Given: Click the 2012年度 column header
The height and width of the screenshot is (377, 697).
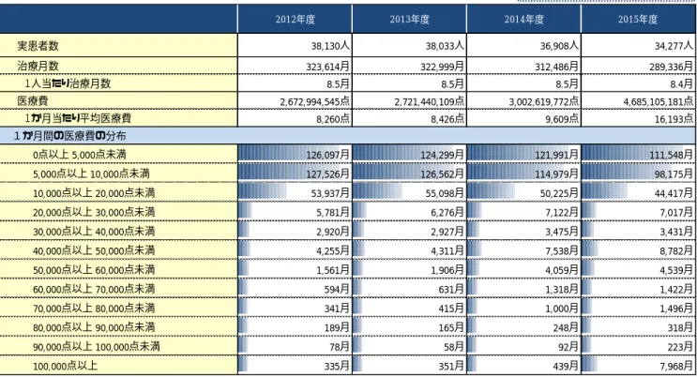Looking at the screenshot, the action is tap(295, 19).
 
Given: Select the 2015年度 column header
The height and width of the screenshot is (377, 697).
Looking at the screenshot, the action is tap(638, 19).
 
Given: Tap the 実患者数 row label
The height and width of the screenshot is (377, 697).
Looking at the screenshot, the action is tap(38, 46).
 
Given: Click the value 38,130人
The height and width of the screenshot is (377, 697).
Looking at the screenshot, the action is tap(330, 46).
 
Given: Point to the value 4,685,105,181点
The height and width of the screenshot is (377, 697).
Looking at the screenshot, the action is tap(658, 101).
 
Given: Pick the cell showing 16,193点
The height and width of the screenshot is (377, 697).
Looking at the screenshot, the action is tap(674, 119).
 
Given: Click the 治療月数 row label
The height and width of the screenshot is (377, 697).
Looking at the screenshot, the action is tap(38, 66).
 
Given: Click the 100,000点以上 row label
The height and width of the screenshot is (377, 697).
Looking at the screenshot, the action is tap(65, 366).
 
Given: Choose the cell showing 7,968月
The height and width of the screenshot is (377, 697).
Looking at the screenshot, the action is tap(676, 366).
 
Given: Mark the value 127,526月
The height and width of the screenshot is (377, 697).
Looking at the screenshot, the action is tap(327, 173).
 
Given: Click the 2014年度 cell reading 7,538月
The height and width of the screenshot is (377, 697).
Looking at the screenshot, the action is tap(562, 250).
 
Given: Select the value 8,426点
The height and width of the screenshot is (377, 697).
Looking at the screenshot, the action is tap(447, 119).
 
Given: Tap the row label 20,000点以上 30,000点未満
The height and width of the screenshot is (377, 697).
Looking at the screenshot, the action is tap(94, 212).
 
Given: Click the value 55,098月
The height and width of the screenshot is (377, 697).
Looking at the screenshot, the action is tap(445, 193).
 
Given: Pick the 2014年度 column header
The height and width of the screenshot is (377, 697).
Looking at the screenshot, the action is tap(523, 19).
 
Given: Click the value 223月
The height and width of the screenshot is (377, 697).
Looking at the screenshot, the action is tap(680, 346).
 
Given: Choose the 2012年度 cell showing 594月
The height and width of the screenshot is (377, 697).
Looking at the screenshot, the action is tap(337, 289).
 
